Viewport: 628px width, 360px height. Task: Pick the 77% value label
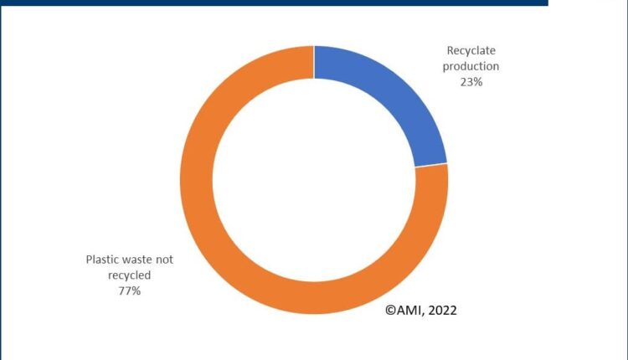(x=130, y=290)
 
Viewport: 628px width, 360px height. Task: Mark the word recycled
(x=130, y=275)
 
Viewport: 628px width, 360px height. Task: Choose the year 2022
(x=443, y=310)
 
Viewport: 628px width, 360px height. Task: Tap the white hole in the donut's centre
(x=314, y=180)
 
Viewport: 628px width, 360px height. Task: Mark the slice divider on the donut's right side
(x=432, y=164)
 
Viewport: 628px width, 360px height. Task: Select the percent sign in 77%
(x=136, y=290)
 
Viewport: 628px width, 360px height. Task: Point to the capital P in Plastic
(x=90, y=260)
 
